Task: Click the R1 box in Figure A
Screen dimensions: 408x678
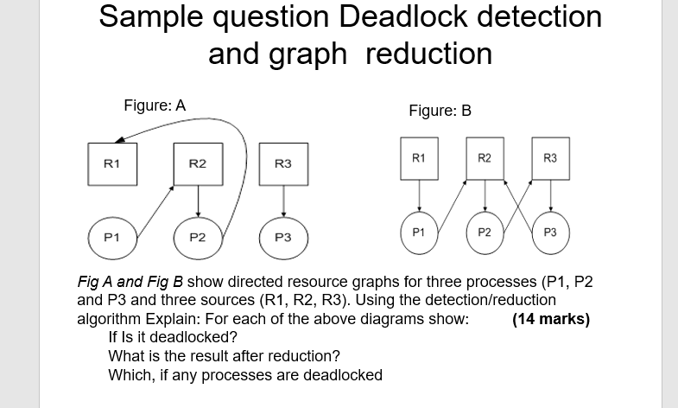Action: click(x=112, y=163)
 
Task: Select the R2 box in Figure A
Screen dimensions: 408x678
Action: click(x=198, y=163)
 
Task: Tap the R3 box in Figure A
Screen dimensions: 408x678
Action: click(x=282, y=163)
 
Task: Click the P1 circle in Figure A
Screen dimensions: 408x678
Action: click(x=112, y=236)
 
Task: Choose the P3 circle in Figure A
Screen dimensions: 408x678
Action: click(x=282, y=237)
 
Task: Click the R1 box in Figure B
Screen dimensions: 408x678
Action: click(x=418, y=158)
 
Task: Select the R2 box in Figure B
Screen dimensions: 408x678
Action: click(x=485, y=158)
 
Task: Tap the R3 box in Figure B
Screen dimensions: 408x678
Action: click(x=550, y=158)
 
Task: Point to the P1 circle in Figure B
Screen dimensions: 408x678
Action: click(x=418, y=232)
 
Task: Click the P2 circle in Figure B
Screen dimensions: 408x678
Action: click(x=485, y=232)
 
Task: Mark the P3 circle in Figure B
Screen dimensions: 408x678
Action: click(x=550, y=232)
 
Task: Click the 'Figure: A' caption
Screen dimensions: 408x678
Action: click(x=155, y=105)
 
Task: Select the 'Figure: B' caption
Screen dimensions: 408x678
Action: click(x=440, y=111)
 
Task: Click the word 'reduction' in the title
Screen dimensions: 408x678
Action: click(x=428, y=54)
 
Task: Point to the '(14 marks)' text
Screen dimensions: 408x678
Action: click(x=550, y=319)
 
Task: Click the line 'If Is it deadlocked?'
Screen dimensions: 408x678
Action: click(x=173, y=337)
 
